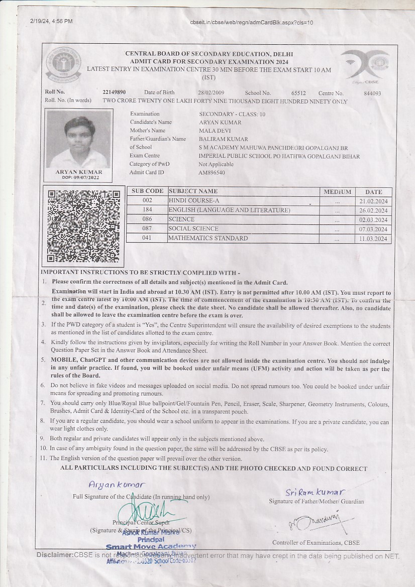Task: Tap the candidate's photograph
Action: click(x=78, y=140)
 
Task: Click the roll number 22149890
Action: click(x=114, y=93)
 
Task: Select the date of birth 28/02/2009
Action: click(x=211, y=93)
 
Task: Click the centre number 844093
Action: click(x=372, y=93)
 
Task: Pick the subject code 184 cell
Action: click(x=147, y=210)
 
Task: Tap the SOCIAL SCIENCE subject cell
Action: click(x=193, y=228)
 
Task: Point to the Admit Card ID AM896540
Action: click(x=212, y=173)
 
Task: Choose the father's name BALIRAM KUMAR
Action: click(x=223, y=139)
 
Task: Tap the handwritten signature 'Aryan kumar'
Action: click(x=117, y=485)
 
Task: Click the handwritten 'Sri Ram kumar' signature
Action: click(x=315, y=492)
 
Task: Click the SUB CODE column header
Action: click(x=147, y=191)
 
